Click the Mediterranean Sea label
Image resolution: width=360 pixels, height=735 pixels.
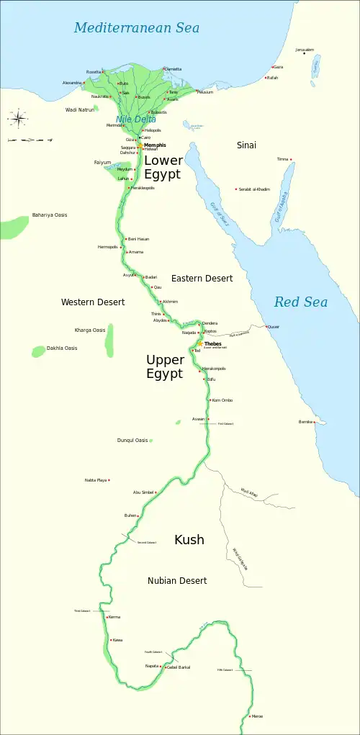pyautogui.click(x=136, y=28)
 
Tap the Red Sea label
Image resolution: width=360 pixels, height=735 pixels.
pyautogui.click(x=300, y=302)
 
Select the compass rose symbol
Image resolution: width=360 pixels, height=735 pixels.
pyautogui.click(x=18, y=116)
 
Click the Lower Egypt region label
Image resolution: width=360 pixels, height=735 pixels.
pyautogui.click(x=163, y=167)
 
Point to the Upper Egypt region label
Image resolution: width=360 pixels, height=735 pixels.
pyautogui.click(x=165, y=366)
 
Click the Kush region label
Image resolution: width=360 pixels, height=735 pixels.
pyautogui.click(x=189, y=539)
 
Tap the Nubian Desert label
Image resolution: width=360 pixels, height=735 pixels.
pyautogui.click(x=177, y=580)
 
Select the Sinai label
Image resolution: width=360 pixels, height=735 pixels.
pyautogui.click(x=246, y=145)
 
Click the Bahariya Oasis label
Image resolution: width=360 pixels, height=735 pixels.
pyautogui.click(x=50, y=215)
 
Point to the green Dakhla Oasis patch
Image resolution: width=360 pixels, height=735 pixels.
pyautogui.click(x=38, y=351)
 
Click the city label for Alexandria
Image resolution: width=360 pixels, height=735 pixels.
pyautogui.click(x=73, y=83)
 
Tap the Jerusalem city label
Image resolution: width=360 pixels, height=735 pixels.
pyautogui.click(x=305, y=50)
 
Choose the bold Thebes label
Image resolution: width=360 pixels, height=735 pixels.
pyautogui.click(x=213, y=344)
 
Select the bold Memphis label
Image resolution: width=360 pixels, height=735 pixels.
pyautogui.click(x=155, y=145)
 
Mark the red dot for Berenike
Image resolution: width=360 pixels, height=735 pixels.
pyautogui.click(x=315, y=422)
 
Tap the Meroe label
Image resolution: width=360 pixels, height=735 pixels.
pyautogui.click(x=257, y=716)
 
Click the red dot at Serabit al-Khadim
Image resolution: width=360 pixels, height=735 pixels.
pyautogui.click(x=236, y=189)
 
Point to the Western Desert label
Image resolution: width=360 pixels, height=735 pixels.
pyautogui.click(x=93, y=302)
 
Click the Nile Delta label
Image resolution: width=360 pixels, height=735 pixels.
pyautogui.click(x=131, y=119)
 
